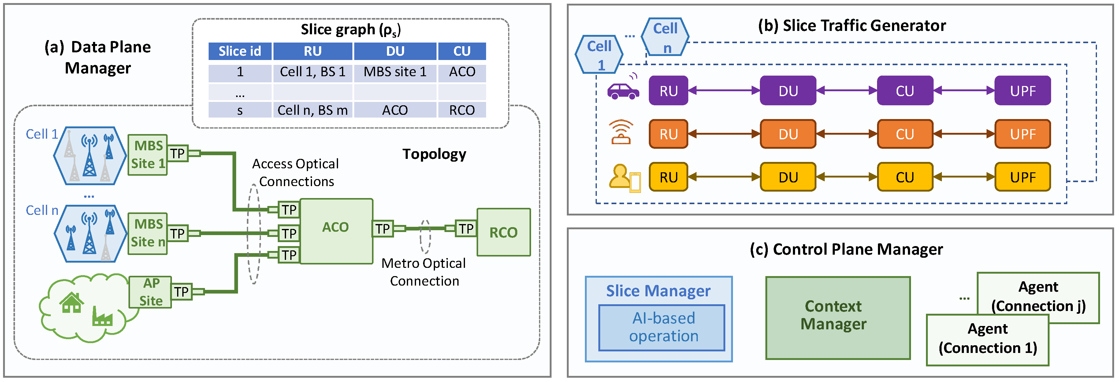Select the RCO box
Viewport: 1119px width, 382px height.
pyautogui.click(x=504, y=232)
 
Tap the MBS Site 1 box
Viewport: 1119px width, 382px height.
pyautogui.click(x=148, y=155)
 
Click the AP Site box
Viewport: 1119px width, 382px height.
pyautogui.click(x=150, y=292)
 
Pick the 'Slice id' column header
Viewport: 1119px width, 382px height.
pyautogui.click(x=240, y=51)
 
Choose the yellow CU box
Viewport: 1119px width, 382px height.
pyautogui.click(x=905, y=177)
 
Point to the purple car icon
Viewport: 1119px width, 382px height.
pyautogui.click(x=623, y=89)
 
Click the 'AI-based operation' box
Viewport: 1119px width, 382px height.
pyautogui.click(x=662, y=327)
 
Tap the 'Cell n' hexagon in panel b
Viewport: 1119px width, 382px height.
pyautogui.click(x=665, y=37)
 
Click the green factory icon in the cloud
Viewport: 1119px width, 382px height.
pyautogui.click(x=102, y=317)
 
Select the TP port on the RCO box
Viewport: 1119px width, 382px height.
pyautogui.click(x=466, y=229)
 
